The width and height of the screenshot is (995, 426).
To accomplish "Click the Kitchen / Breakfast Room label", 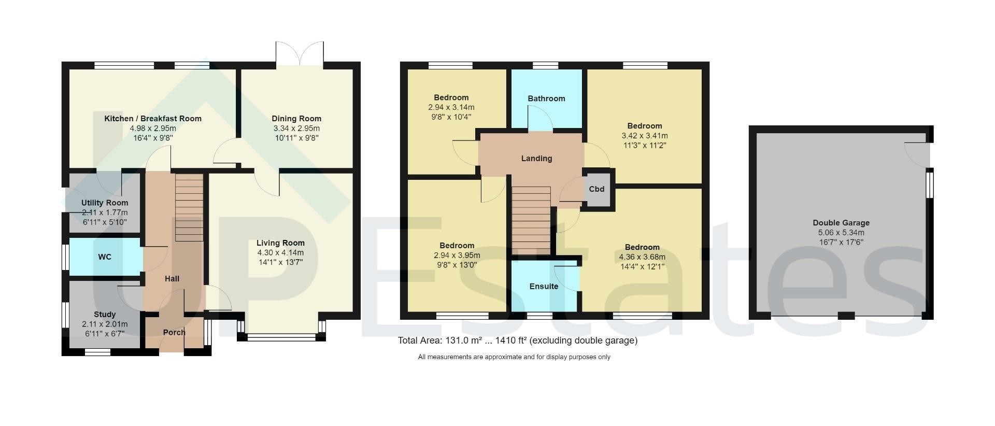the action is (x=153, y=119).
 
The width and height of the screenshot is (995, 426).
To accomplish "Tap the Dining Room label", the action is (x=296, y=119).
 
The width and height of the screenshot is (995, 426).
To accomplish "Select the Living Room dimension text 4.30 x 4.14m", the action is (x=280, y=253).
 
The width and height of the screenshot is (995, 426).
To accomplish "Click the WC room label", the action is (x=105, y=257).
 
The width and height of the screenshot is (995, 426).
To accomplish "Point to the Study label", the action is (x=105, y=315).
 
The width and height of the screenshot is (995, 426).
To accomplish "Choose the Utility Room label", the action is (x=105, y=203).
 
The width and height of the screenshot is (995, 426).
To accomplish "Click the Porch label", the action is (x=174, y=333).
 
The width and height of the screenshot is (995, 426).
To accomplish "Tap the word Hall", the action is (x=172, y=279).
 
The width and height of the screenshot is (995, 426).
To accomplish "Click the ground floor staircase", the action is (x=189, y=207).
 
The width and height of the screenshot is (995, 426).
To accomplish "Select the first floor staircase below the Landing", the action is (x=532, y=221).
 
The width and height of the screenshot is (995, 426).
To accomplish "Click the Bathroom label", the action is (x=546, y=98).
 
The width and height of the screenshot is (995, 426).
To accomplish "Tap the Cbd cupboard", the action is (x=597, y=189).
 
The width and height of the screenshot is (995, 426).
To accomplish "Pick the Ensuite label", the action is (x=544, y=287).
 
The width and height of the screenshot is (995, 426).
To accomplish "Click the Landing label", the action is (x=536, y=159).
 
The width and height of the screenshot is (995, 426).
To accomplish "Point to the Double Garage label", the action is (x=841, y=223).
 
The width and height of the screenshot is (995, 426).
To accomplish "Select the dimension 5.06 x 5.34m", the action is (x=841, y=233).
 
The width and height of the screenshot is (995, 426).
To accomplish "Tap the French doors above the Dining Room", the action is (x=300, y=54).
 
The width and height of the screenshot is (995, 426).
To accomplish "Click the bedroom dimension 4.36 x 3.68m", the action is (x=642, y=257).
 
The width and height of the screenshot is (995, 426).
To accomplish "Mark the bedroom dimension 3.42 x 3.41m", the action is (x=645, y=136).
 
